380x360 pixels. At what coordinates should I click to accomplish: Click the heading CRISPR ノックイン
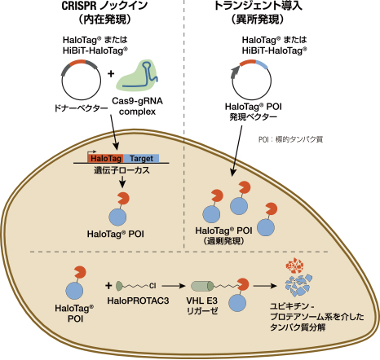(x=104, y=6)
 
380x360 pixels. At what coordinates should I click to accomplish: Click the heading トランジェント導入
(x=258, y=6)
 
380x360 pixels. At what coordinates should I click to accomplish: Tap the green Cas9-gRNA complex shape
(x=138, y=76)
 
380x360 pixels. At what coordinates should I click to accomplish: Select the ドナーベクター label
(x=81, y=108)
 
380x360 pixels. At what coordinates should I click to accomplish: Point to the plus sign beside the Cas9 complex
(x=111, y=73)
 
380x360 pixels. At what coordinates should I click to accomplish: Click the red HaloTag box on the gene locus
(x=105, y=158)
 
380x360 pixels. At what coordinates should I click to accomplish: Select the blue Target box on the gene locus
(x=141, y=158)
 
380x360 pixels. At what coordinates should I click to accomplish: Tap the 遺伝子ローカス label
(x=122, y=170)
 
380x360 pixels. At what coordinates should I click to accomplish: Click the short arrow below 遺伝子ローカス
(x=122, y=182)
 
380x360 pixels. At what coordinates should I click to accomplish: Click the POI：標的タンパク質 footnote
(x=290, y=139)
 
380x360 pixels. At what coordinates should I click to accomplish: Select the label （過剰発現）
(x=223, y=241)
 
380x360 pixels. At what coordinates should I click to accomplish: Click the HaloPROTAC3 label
(x=138, y=301)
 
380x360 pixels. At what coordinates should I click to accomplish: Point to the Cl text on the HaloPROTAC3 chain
(x=152, y=286)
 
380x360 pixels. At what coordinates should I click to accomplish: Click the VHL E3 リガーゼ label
(x=202, y=305)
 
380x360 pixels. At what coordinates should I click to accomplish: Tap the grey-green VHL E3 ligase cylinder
(x=202, y=286)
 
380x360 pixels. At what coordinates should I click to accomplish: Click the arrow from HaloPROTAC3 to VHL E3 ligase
(x=174, y=286)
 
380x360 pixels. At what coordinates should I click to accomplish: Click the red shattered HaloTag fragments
(x=294, y=266)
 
